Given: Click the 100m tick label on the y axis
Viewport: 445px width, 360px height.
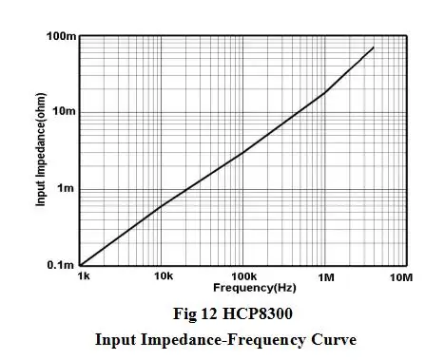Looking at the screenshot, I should click(x=60, y=37).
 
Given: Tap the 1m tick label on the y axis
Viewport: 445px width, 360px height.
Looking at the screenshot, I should click(x=66, y=189).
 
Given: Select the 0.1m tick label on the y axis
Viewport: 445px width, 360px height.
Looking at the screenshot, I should click(x=60, y=266).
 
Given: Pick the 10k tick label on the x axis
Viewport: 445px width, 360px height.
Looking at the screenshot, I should click(x=164, y=277).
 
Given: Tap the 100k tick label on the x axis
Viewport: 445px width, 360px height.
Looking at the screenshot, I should click(x=243, y=277).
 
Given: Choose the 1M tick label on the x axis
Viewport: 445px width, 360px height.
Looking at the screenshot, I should click(x=326, y=277).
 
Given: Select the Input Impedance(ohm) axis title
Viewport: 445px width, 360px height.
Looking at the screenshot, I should click(x=42, y=152).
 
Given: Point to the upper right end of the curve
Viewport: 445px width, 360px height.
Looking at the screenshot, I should click(x=374, y=47).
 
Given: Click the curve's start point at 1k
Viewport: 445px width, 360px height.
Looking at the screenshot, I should click(x=82, y=265).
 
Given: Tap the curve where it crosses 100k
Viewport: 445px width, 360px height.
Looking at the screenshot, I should click(x=243, y=152).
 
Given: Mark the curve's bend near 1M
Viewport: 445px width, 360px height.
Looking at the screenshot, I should click(x=326, y=91).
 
